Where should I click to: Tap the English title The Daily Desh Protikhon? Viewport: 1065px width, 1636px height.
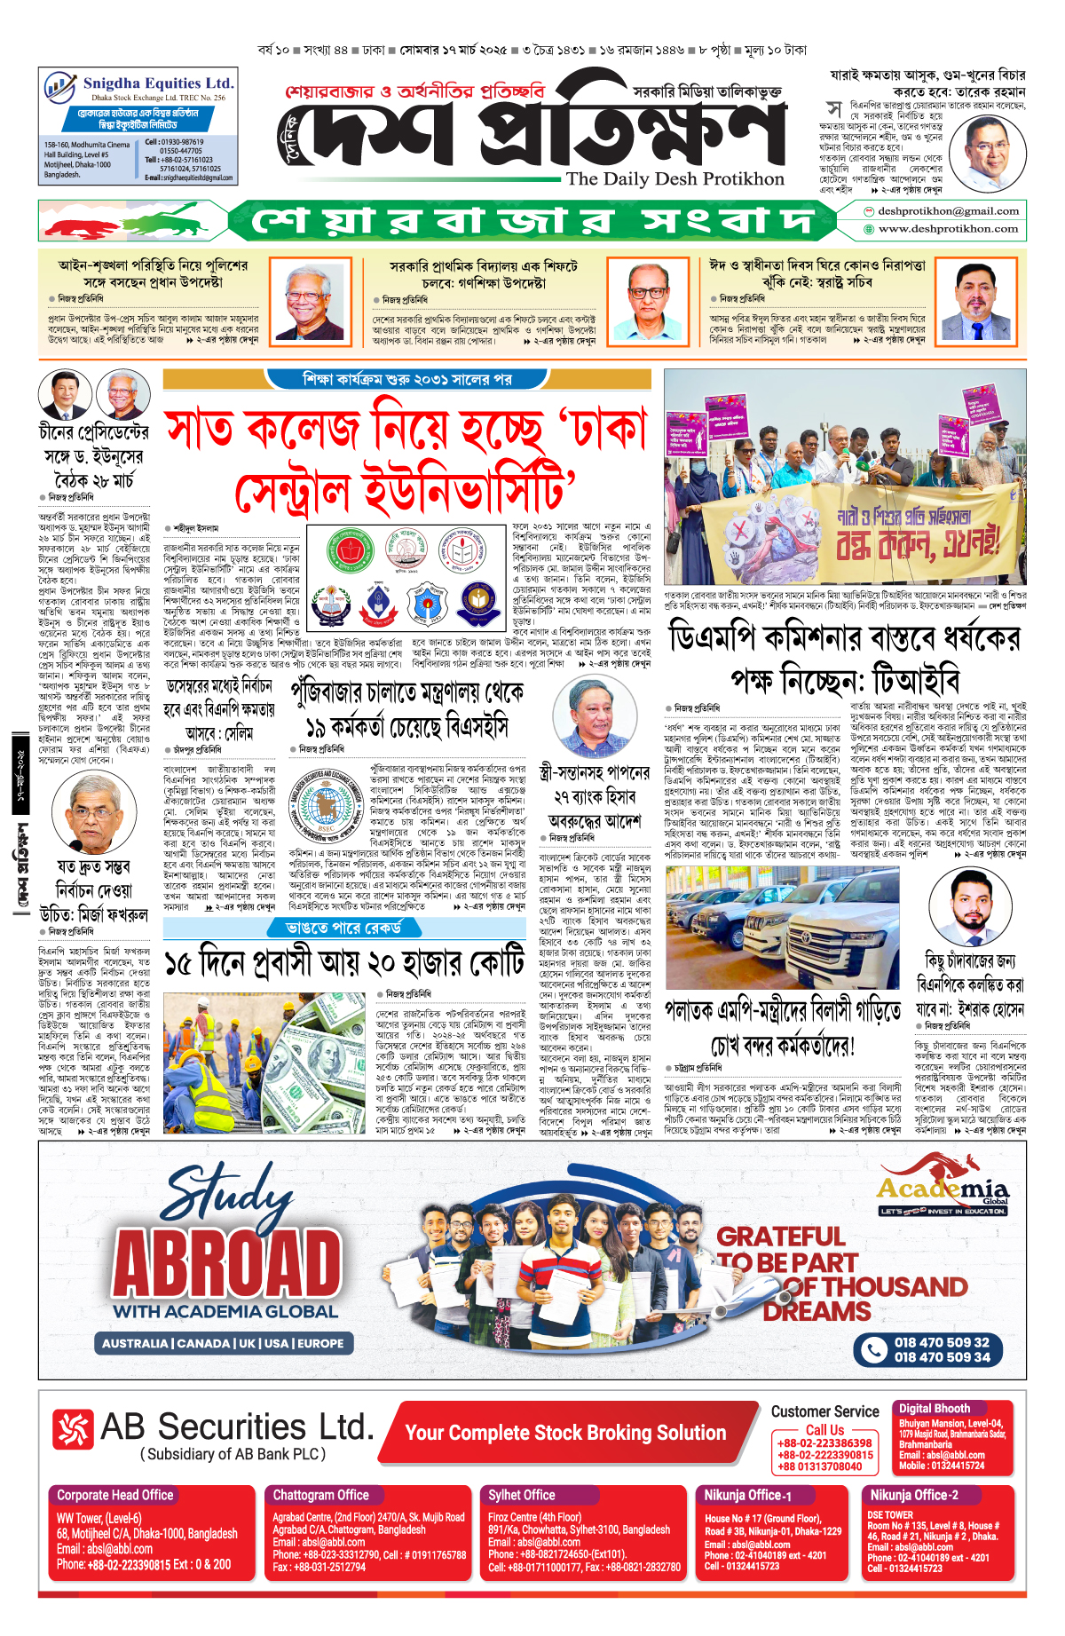(x=675, y=178)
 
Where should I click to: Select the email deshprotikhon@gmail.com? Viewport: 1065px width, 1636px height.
(x=948, y=211)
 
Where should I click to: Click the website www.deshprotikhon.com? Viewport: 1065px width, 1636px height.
(x=948, y=229)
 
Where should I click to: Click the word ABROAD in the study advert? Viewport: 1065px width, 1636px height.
(x=227, y=1261)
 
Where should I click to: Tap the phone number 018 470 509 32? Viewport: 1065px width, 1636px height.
(x=941, y=1342)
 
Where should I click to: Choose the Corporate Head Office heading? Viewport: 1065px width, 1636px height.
(x=115, y=1495)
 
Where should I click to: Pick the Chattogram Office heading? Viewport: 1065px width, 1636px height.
(x=320, y=1495)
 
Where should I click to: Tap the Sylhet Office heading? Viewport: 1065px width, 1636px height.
(x=521, y=1495)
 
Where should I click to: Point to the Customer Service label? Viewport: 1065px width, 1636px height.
(x=824, y=1411)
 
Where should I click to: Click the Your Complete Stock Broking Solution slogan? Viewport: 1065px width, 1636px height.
(x=565, y=1433)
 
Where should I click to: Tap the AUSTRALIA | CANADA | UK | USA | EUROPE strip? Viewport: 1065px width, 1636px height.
(x=223, y=1343)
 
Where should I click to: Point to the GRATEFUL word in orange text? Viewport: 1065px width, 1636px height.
(x=780, y=1237)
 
